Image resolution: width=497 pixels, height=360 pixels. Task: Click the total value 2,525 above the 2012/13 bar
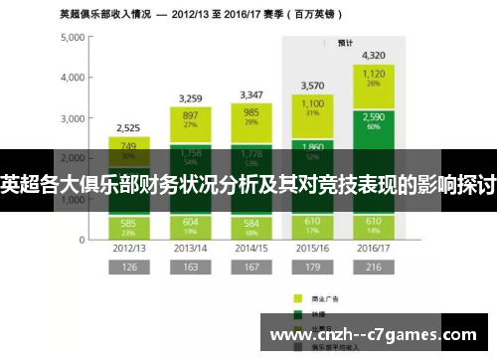[x=128, y=127]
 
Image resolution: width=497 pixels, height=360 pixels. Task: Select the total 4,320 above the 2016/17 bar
[x=374, y=55]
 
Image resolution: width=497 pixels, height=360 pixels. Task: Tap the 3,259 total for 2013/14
[x=190, y=98]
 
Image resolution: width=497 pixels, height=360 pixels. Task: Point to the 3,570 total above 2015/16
[x=312, y=86]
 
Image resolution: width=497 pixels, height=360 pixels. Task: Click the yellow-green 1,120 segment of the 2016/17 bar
[x=374, y=78]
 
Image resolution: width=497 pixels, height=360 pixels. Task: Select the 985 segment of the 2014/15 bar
[x=251, y=117]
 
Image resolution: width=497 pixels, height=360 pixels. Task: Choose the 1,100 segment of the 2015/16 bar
[x=312, y=108]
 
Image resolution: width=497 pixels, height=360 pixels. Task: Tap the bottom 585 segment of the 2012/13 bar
[x=128, y=227]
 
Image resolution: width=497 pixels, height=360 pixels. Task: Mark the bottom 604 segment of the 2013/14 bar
[x=190, y=226]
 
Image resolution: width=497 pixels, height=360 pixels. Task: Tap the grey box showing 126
[x=128, y=268]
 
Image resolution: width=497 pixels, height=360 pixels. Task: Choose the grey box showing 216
[x=374, y=268]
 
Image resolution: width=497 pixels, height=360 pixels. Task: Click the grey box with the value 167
[x=251, y=268]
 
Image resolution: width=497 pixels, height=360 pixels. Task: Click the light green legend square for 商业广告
[x=297, y=297]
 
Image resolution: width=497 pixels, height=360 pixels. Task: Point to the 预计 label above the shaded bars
[x=344, y=43]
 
